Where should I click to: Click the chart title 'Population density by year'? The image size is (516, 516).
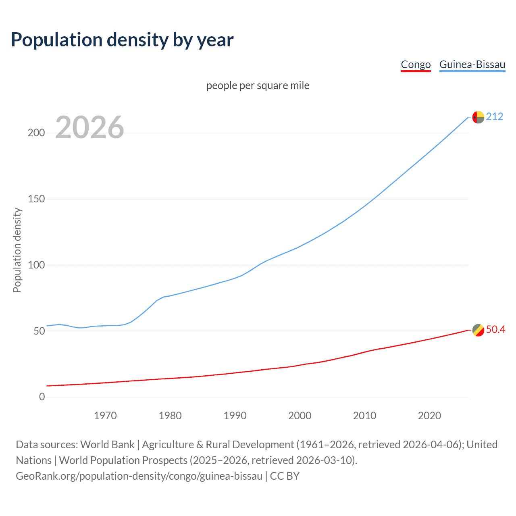coord(122,40)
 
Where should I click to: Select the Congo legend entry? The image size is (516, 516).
coord(416,64)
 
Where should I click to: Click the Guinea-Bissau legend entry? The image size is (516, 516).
coord(472,64)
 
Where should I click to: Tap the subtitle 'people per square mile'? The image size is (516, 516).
coord(258,85)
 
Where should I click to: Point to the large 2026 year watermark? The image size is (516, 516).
coord(89,127)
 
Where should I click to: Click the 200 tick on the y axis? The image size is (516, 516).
coord(36,133)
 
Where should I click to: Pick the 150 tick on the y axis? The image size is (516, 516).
coord(36,199)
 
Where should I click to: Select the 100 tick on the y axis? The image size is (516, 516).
coord(36,265)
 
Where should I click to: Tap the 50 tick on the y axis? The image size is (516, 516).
coord(39,331)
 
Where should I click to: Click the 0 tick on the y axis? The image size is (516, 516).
coord(42,397)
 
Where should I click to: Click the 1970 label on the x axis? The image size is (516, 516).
coord(105,416)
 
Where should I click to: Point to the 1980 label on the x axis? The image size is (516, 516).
coord(170,416)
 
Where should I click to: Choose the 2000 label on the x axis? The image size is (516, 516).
coord(300,416)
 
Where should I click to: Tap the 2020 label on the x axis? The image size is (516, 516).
coord(429,416)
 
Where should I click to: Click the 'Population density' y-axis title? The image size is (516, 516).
coord(17,250)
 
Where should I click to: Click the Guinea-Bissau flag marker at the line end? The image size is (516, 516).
coord(478,117)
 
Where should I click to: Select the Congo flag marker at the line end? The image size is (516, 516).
coord(478,330)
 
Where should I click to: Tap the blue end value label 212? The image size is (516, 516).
coord(495,117)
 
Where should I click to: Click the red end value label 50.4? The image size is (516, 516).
coord(495,329)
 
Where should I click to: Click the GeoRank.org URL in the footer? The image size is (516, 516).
coord(139,476)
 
